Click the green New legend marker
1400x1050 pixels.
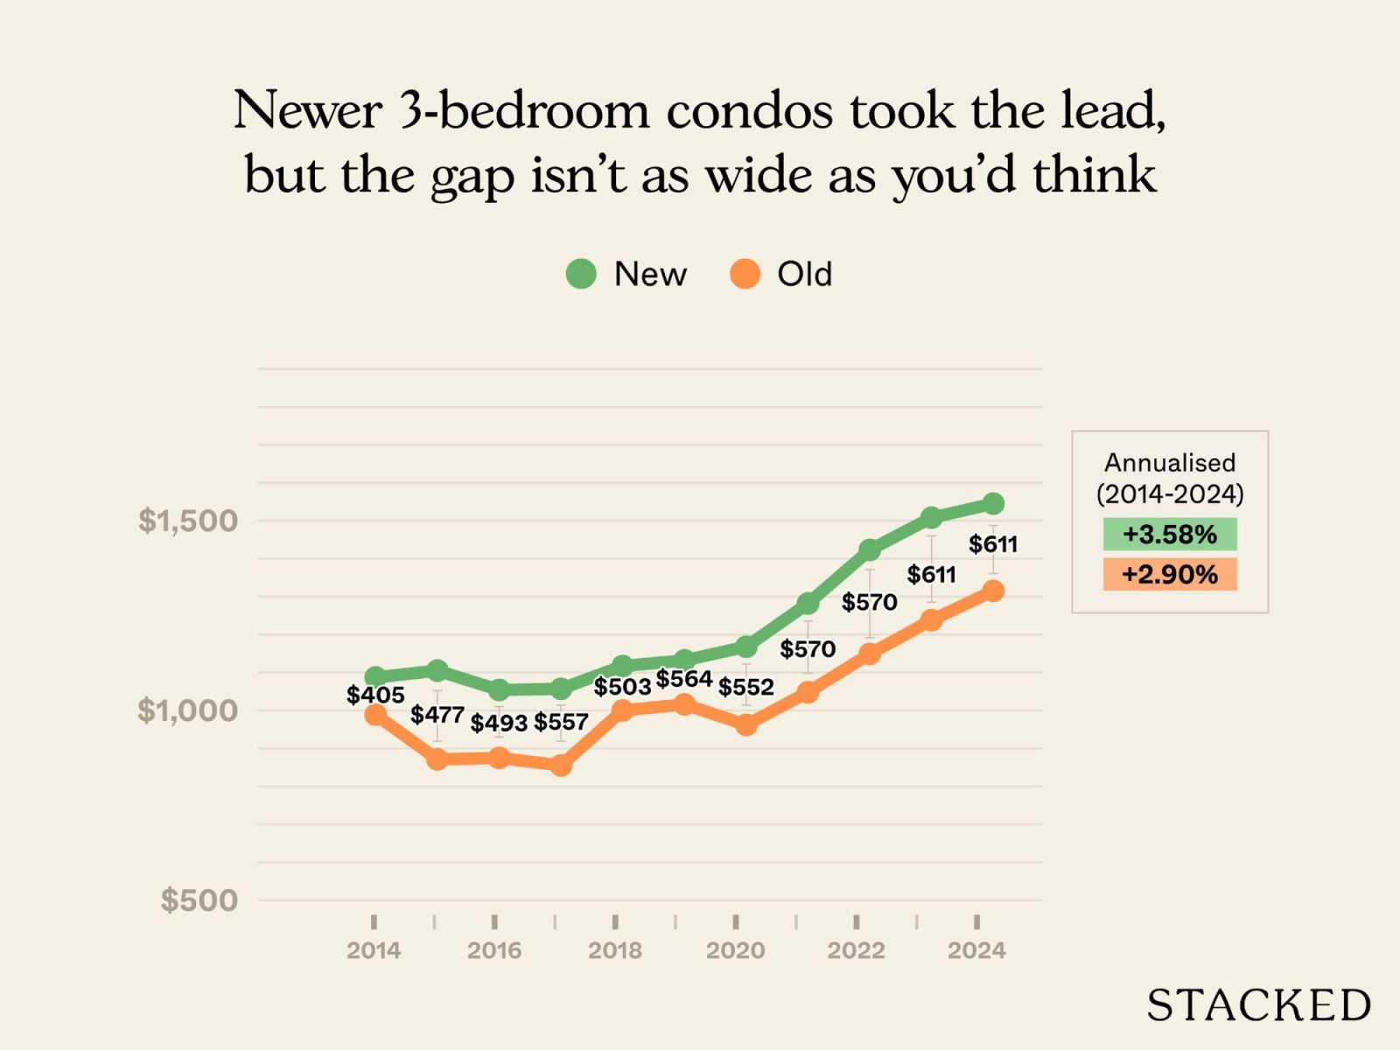[x=581, y=274]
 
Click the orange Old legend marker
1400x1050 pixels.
[x=745, y=274]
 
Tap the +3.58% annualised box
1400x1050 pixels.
[x=1169, y=534]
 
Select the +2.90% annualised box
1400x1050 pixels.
[x=1169, y=574]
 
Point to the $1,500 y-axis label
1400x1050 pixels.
[x=188, y=521]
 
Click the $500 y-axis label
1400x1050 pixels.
[x=199, y=899]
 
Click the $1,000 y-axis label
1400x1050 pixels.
[x=188, y=710]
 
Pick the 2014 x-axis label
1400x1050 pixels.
[x=374, y=950]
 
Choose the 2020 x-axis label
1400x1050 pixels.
[x=735, y=950]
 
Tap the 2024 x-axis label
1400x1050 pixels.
[x=976, y=950]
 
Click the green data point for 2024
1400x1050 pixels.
[x=993, y=504]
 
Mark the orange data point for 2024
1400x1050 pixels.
[x=993, y=591]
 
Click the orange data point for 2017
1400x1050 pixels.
[x=561, y=766]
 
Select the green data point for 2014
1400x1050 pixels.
[x=375, y=676]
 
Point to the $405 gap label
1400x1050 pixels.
[x=375, y=696]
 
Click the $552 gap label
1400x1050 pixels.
[x=745, y=687]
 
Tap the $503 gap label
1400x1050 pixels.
[x=622, y=687]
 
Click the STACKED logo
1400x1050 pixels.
[x=1258, y=1005]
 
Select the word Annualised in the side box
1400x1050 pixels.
[x=1169, y=462]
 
